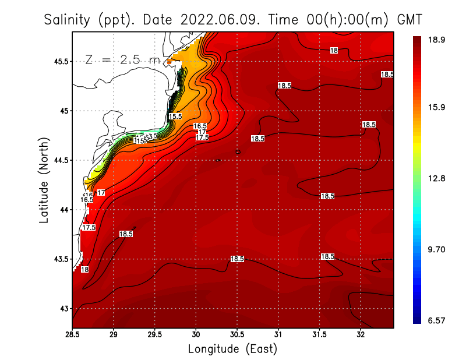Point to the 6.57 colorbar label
click(437, 321)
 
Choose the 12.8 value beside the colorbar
click(437, 179)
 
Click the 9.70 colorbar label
click(437, 250)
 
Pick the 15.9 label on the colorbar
click(437, 108)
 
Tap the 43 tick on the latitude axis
click(63, 308)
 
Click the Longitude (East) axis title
click(232, 349)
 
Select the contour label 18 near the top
click(334, 51)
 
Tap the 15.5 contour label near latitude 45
click(175, 117)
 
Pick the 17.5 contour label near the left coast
click(89, 228)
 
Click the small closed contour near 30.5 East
click(238, 152)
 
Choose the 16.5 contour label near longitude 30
click(200, 126)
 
